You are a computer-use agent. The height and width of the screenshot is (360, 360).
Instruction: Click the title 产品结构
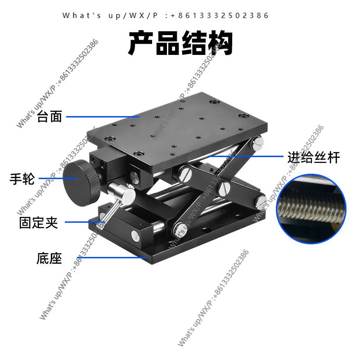tap(181, 43)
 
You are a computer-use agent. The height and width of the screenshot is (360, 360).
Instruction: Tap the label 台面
tap(49, 117)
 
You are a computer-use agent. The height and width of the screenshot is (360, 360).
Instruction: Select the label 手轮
tap(22, 179)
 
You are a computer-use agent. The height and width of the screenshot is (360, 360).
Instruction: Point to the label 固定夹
tap(38, 222)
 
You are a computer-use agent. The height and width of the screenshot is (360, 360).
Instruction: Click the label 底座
tap(49, 258)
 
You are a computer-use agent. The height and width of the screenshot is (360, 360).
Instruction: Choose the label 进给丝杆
tap(314, 157)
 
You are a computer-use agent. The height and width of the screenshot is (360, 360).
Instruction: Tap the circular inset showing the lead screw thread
tap(311, 209)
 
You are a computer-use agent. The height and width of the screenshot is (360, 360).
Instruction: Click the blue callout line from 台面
tap(103, 117)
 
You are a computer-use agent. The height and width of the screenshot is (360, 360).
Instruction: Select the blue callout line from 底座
tap(112, 257)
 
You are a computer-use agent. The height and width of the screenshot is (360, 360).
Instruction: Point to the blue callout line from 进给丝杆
tap(246, 156)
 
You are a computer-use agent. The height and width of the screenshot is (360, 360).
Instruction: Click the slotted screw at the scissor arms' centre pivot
tap(224, 189)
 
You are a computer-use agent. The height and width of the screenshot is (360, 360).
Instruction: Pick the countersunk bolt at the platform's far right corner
tap(243, 116)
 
